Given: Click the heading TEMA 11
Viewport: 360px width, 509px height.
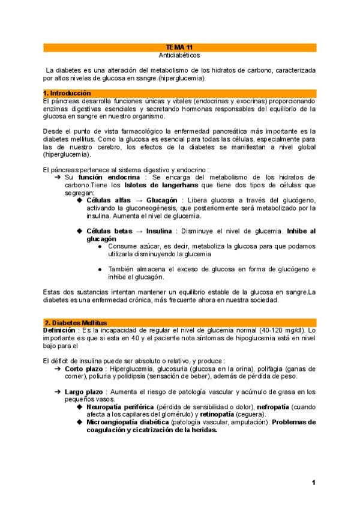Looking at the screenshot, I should coord(179,47).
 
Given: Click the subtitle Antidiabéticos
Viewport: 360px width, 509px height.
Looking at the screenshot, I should coord(179,55).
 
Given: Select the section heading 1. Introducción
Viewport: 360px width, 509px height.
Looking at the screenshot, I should coord(67,93).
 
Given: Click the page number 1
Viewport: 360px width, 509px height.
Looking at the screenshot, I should coord(313,483).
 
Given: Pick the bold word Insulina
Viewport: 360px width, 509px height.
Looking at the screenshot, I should coord(160,231).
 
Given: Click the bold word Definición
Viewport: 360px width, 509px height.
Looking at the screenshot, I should coord(59,330).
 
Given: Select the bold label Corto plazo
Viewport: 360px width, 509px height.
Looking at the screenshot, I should coord(83,368).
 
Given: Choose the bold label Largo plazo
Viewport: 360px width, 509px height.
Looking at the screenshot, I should coord(83,392).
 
